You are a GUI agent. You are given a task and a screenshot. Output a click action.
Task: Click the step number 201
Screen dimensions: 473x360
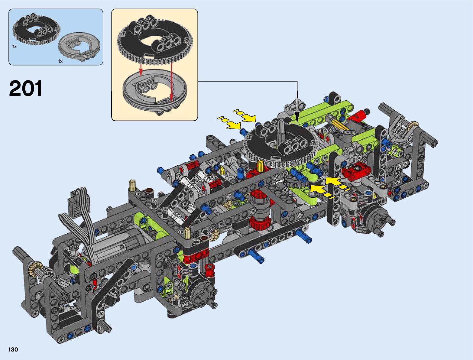click(25, 88)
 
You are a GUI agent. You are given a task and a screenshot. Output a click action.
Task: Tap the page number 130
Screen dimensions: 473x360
click(13, 349)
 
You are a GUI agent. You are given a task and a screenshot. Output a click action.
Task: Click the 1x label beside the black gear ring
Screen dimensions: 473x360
click(14, 47)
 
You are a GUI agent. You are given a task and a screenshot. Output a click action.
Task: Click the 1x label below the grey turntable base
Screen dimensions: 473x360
click(60, 61)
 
